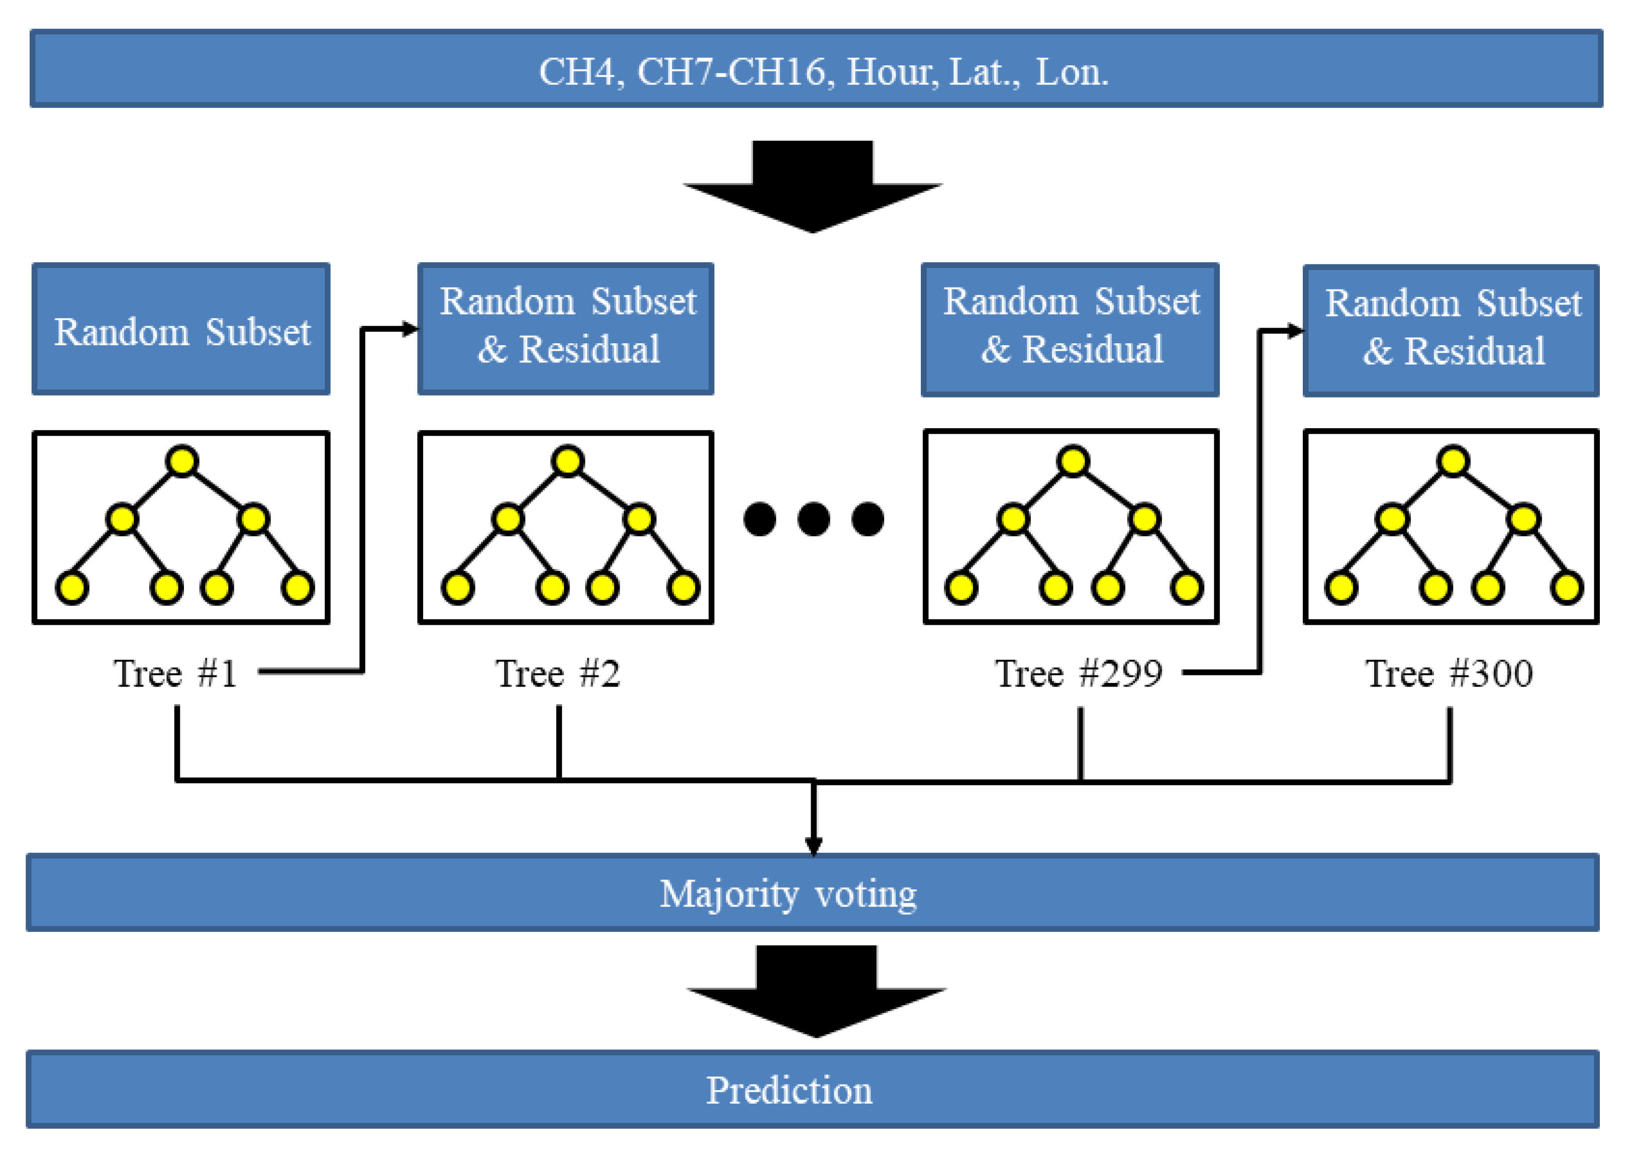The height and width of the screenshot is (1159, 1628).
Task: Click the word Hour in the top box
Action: pyautogui.click(x=892, y=72)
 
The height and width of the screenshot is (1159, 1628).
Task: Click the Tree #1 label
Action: pyautogui.click(x=175, y=673)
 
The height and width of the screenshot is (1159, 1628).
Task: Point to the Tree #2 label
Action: pyautogui.click(x=557, y=673)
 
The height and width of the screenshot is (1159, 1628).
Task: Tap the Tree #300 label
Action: pyautogui.click(x=1449, y=673)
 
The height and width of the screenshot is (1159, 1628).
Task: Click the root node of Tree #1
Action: pyautogui.click(x=182, y=460)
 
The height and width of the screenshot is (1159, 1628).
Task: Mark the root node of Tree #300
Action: pyautogui.click(x=1453, y=460)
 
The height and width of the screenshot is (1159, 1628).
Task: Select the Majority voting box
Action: pyautogui.click(x=812, y=892)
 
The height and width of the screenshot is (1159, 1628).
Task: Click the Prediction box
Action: pyautogui.click(x=812, y=1089)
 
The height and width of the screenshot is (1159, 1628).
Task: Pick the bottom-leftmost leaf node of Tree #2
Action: pyautogui.click(x=457, y=588)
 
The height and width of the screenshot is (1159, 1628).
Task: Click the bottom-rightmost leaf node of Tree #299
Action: pyautogui.click(x=1186, y=588)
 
